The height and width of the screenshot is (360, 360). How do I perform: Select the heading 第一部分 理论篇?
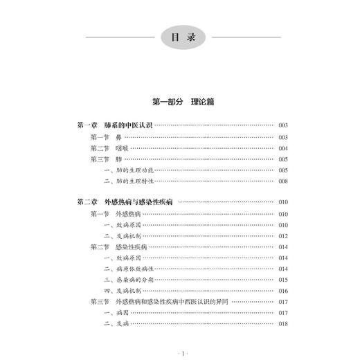coord(179,102)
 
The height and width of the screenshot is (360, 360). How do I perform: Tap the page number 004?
coord(283,148)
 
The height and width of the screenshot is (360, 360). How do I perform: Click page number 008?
coord(283,181)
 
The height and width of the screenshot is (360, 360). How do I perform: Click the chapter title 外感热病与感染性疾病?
coord(139,203)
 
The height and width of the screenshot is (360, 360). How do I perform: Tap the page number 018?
coord(283,324)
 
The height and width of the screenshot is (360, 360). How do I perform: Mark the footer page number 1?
coord(179,350)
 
